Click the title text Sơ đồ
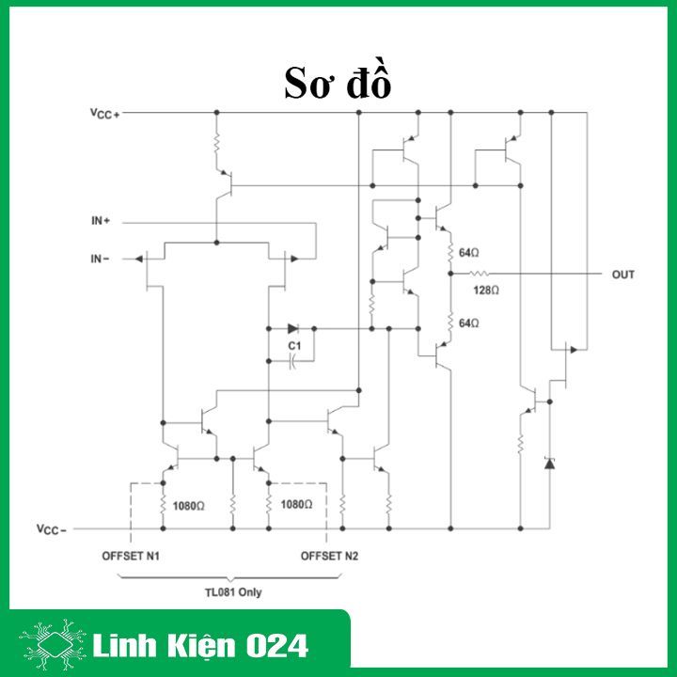pyautogui.click(x=338, y=83)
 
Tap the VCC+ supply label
pyautogui.click(x=104, y=113)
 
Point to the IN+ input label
pyautogui.click(x=101, y=222)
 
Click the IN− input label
pyautogui.click(x=101, y=258)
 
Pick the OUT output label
pyautogui.click(x=622, y=275)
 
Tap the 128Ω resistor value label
pyautogui.click(x=486, y=290)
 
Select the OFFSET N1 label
pyautogui.click(x=131, y=556)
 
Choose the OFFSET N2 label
pyautogui.click(x=329, y=556)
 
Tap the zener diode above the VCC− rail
pyautogui.click(x=550, y=463)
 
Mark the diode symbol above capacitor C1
pyautogui.click(x=292, y=329)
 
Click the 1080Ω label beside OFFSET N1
pyautogui.click(x=188, y=505)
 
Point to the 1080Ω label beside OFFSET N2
pyautogui.click(x=296, y=505)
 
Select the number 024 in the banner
pyautogui.click(x=277, y=646)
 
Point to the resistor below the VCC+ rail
pyautogui.click(x=216, y=146)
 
